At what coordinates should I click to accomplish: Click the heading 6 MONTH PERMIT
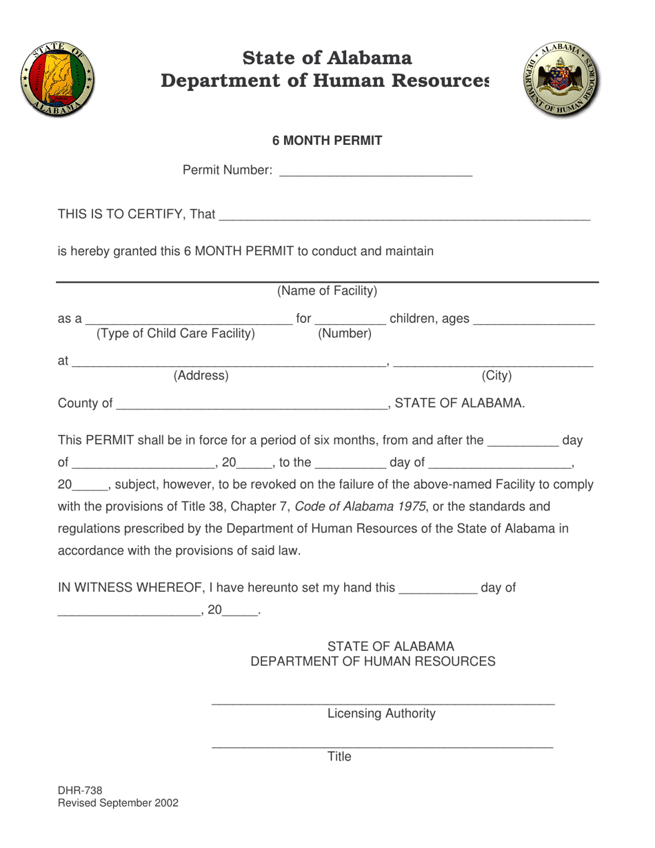[327, 141]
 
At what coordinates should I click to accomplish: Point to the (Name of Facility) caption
[327, 291]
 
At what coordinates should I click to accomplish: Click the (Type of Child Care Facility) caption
[176, 334]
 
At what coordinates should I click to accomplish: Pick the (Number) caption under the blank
[345, 334]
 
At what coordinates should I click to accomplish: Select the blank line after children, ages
[534, 321]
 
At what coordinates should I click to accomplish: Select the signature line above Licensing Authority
[383, 702]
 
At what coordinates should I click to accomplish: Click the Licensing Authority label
[381, 714]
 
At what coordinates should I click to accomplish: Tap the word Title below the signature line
[339, 757]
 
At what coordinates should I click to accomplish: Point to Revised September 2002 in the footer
[118, 803]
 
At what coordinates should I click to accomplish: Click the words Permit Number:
[227, 170]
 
